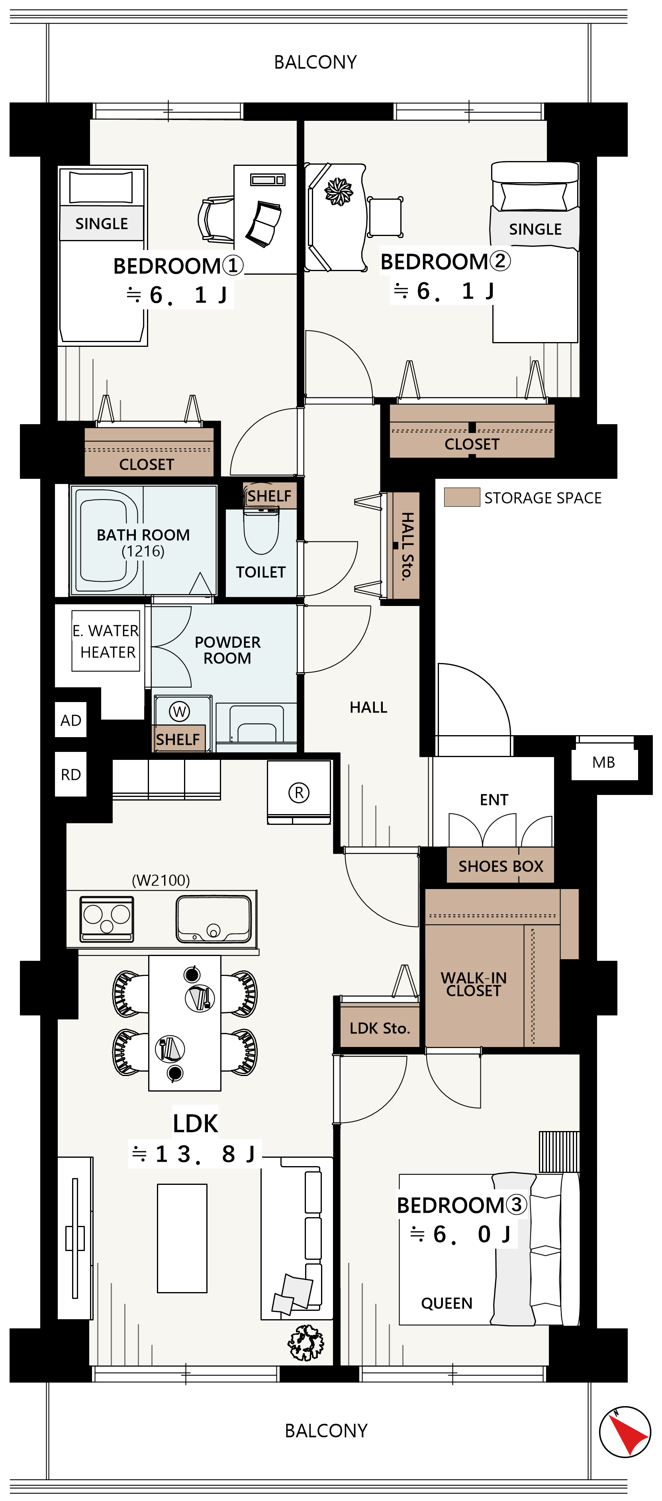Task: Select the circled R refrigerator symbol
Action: [299, 793]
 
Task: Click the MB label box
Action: [604, 762]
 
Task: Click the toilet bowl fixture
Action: [261, 530]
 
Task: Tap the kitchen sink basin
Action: [213, 919]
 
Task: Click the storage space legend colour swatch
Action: [462, 497]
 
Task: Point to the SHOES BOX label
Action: [501, 866]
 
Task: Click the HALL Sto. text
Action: [407, 546]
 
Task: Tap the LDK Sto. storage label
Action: [380, 1029]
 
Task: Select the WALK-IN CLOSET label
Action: [474, 984]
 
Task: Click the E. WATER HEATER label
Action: [106, 641]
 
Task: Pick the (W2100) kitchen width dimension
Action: [161, 880]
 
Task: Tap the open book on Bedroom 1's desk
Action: [264, 224]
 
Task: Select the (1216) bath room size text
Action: [143, 551]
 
